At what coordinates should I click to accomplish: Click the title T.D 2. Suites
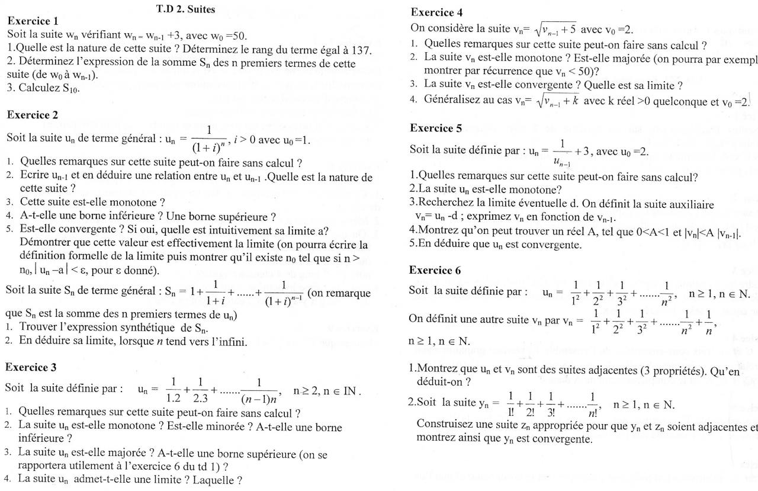tap(185, 9)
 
